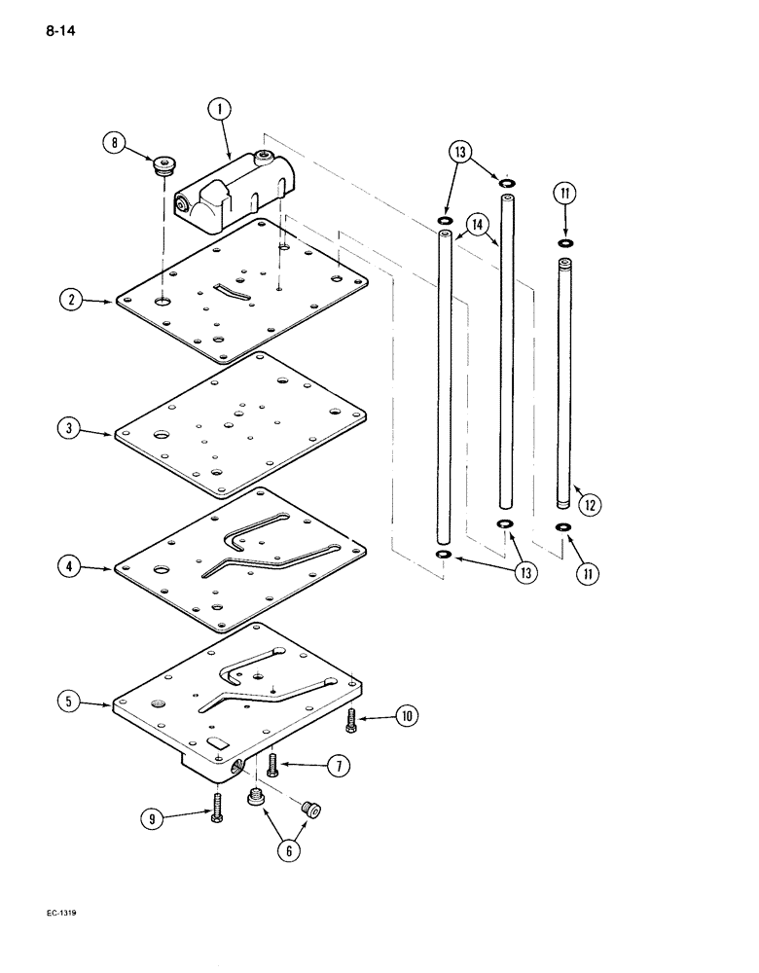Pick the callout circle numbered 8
click(x=116, y=146)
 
